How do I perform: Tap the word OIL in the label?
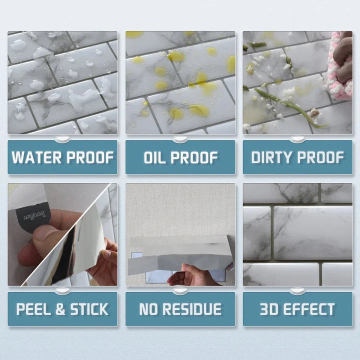click(156, 157)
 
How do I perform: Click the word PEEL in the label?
click(33, 309)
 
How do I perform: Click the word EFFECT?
click(314, 309)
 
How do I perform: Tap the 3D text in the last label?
click(271, 309)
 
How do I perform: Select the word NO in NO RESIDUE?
click(148, 309)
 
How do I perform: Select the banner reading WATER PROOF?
click(62, 157)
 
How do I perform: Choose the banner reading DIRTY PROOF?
click(297, 157)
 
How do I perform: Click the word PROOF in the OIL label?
click(195, 157)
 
